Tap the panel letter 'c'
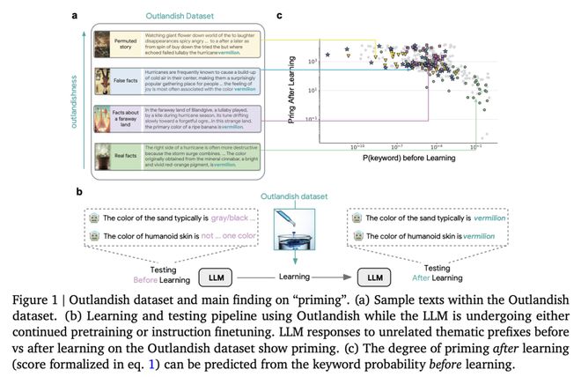[x=281, y=15]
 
